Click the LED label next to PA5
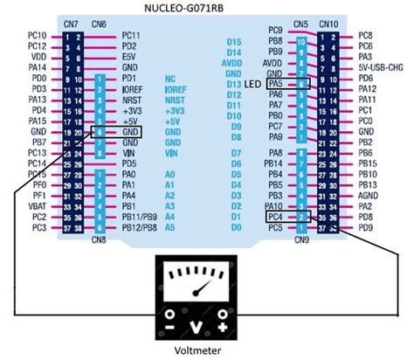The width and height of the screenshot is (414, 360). tap(253, 83)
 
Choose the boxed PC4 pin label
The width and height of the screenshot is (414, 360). tap(276, 216)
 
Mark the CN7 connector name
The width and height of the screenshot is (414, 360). tap(72, 23)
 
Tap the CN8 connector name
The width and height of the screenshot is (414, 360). tap(99, 238)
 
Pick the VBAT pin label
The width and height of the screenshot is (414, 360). tap(38, 205)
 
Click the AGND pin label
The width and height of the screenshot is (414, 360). tap(368, 195)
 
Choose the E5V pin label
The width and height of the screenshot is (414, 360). tap(129, 56)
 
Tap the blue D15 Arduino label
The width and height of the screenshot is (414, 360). tap(233, 42)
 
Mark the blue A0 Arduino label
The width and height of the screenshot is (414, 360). tap(169, 174)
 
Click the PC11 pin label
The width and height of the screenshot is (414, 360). tap(132, 35)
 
